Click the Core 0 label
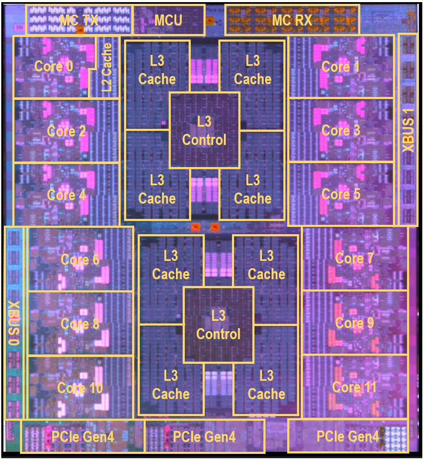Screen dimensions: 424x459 point(54,66)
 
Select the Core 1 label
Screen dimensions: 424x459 point(341,67)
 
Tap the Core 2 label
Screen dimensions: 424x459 point(66,131)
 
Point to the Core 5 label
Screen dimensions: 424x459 point(341,194)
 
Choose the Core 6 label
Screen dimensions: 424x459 point(80,259)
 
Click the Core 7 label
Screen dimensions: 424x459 point(354,258)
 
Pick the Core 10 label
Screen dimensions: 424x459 point(80,388)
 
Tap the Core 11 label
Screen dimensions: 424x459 point(354,387)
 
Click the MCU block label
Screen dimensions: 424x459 point(168,20)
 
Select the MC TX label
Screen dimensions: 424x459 point(79,20)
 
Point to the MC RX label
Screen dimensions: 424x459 point(292,20)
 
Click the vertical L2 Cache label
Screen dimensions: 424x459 point(107,67)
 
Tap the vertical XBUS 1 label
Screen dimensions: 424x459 point(408,130)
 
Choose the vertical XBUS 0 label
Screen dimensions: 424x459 point(14,323)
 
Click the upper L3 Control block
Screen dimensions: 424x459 point(204,130)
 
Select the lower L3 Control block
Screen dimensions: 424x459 point(218,325)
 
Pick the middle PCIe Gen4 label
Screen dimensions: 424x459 point(204,437)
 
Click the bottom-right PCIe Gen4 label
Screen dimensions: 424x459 point(348,436)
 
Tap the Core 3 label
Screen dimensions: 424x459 point(341,130)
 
